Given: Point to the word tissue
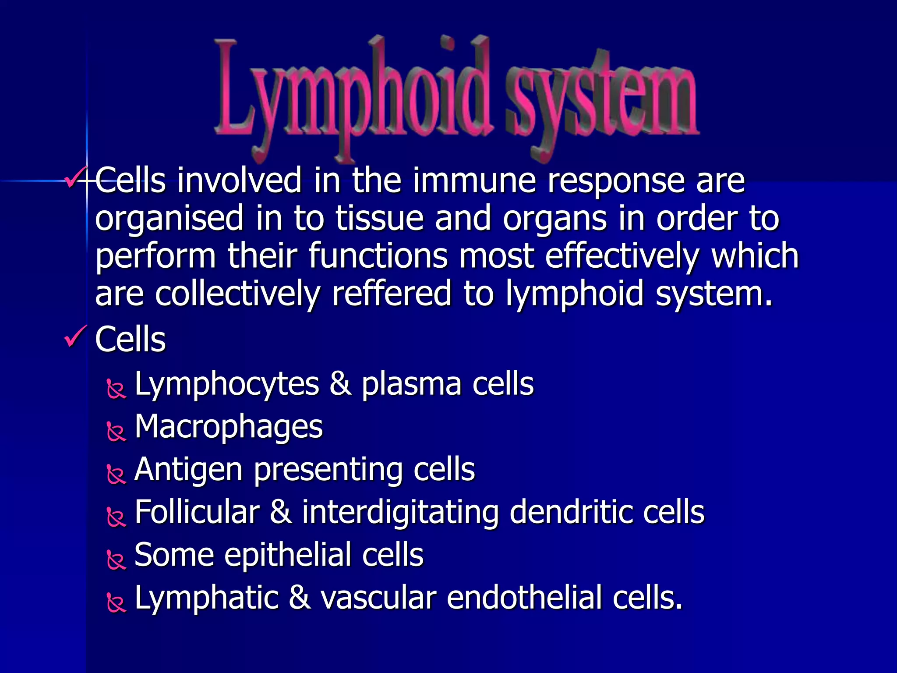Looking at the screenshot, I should coord(379,218).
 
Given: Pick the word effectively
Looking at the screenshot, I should coord(622,256).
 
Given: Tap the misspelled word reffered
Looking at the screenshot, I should coord(392,294).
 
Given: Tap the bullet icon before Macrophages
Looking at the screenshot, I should coord(116,431).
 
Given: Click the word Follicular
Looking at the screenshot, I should coord(197,512).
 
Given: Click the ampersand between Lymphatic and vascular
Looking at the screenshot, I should coord(300,598).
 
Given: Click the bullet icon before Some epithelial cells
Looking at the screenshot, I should coord(116,560).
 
